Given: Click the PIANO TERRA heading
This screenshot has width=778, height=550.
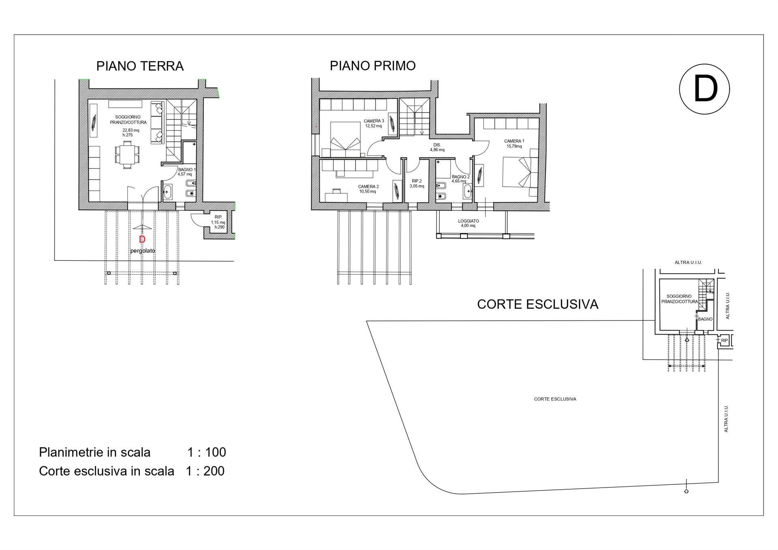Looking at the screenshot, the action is click(x=140, y=66).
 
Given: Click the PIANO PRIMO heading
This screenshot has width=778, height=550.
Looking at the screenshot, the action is click(x=373, y=66).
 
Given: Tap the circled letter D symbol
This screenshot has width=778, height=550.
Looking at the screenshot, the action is click(x=704, y=89).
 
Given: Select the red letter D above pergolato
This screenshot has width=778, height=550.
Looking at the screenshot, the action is click(x=142, y=239).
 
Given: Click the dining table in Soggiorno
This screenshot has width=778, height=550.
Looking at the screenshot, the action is click(x=127, y=154).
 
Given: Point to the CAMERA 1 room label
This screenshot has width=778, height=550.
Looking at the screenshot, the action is click(x=514, y=144).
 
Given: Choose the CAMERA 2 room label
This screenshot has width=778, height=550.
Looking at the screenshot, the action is click(x=368, y=189).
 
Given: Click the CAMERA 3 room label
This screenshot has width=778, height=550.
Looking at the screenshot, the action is click(x=374, y=123).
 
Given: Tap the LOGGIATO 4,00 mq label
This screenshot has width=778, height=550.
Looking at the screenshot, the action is click(x=468, y=223).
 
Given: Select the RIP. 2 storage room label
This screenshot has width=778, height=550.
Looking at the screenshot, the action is click(x=417, y=184).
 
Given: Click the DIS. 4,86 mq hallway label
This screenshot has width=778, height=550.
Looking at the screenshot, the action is click(x=437, y=147).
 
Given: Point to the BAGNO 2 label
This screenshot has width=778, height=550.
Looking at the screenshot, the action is click(x=461, y=179).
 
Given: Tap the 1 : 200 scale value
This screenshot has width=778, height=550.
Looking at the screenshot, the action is click(x=205, y=471).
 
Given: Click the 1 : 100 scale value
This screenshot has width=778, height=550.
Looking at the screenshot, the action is click(x=207, y=452).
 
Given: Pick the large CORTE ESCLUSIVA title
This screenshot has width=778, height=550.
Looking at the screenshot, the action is click(x=538, y=305).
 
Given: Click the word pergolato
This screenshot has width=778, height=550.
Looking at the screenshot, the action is click(x=143, y=251).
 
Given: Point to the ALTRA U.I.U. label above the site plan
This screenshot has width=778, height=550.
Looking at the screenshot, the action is click(x=688, y=262).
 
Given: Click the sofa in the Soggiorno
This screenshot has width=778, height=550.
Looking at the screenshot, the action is click(x=158, y=122).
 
